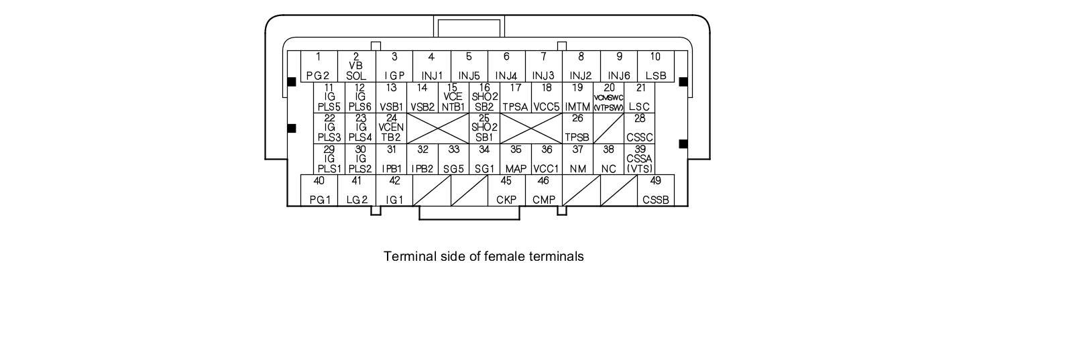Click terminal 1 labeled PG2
(x=319, y=66)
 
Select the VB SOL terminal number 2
(x=356, y=66)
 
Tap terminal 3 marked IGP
(x=394, y=66)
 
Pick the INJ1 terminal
(x=431, y=66)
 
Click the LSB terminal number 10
(x=655, y=66)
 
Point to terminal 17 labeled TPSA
(x=516, y=98)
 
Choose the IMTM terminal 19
(x=577, y=98)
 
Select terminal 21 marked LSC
(x=640, y=98)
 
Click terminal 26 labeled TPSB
(x=577, y=128)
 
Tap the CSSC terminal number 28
(x=640, y=128)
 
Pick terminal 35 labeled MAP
(x=516, y=160)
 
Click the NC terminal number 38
(x=608, y=160)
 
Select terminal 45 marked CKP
(x=506, y=190)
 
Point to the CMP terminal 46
(x=543, y=190)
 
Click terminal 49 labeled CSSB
(x=655, y=190)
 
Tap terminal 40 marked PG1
(x=319, y=190)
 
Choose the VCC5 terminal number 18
(x=547, y=98)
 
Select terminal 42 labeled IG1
(x=394, y=190)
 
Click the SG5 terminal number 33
(x=454, y=160)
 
